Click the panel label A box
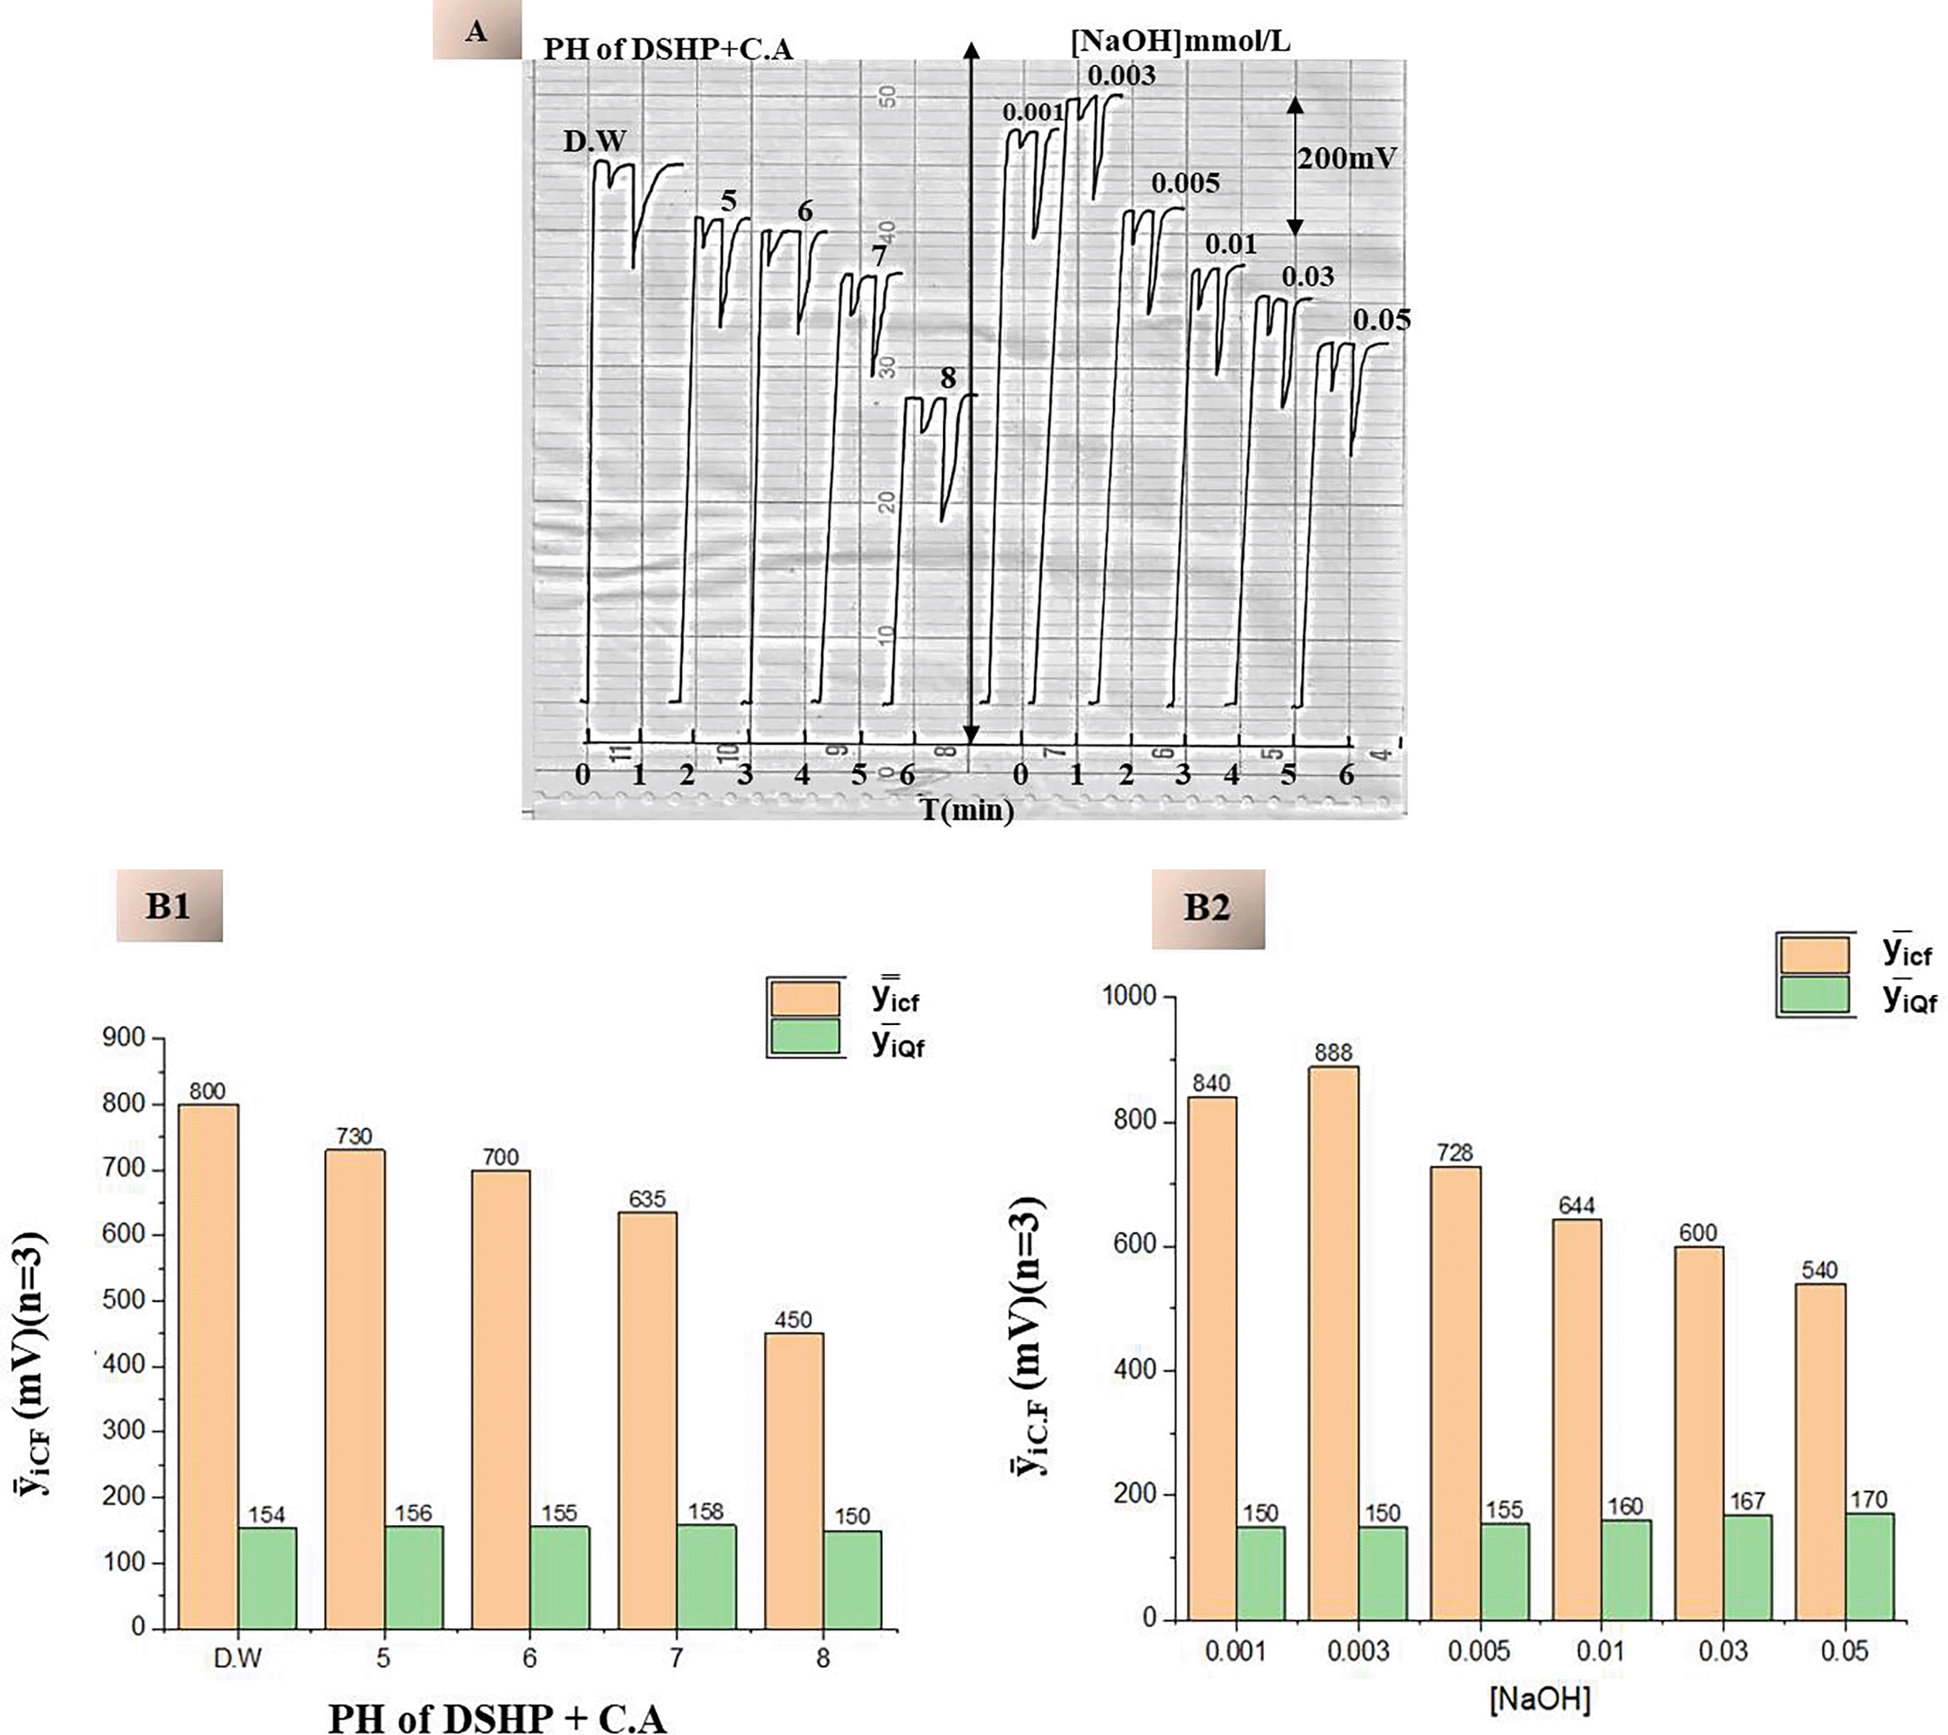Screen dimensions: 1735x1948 (477, 31)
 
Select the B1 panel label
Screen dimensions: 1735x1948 (169, 905)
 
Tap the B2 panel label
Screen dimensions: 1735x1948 (1207, 907)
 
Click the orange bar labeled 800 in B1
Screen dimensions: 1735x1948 (208, 1365)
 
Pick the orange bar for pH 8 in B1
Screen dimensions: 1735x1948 (793, 1480)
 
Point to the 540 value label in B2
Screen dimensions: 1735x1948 (1819, 1270)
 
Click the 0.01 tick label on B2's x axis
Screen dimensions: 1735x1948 (1600, 1650)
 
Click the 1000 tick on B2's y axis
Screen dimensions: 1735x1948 (1128, 996)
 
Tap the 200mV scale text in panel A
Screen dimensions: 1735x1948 (1346, 158)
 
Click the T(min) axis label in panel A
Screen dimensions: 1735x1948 (966, 811)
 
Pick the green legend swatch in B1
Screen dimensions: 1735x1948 (804, 1036)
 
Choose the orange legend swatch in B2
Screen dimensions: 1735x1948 (1814, 954)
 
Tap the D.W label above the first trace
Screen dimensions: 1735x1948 (594, 142)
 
